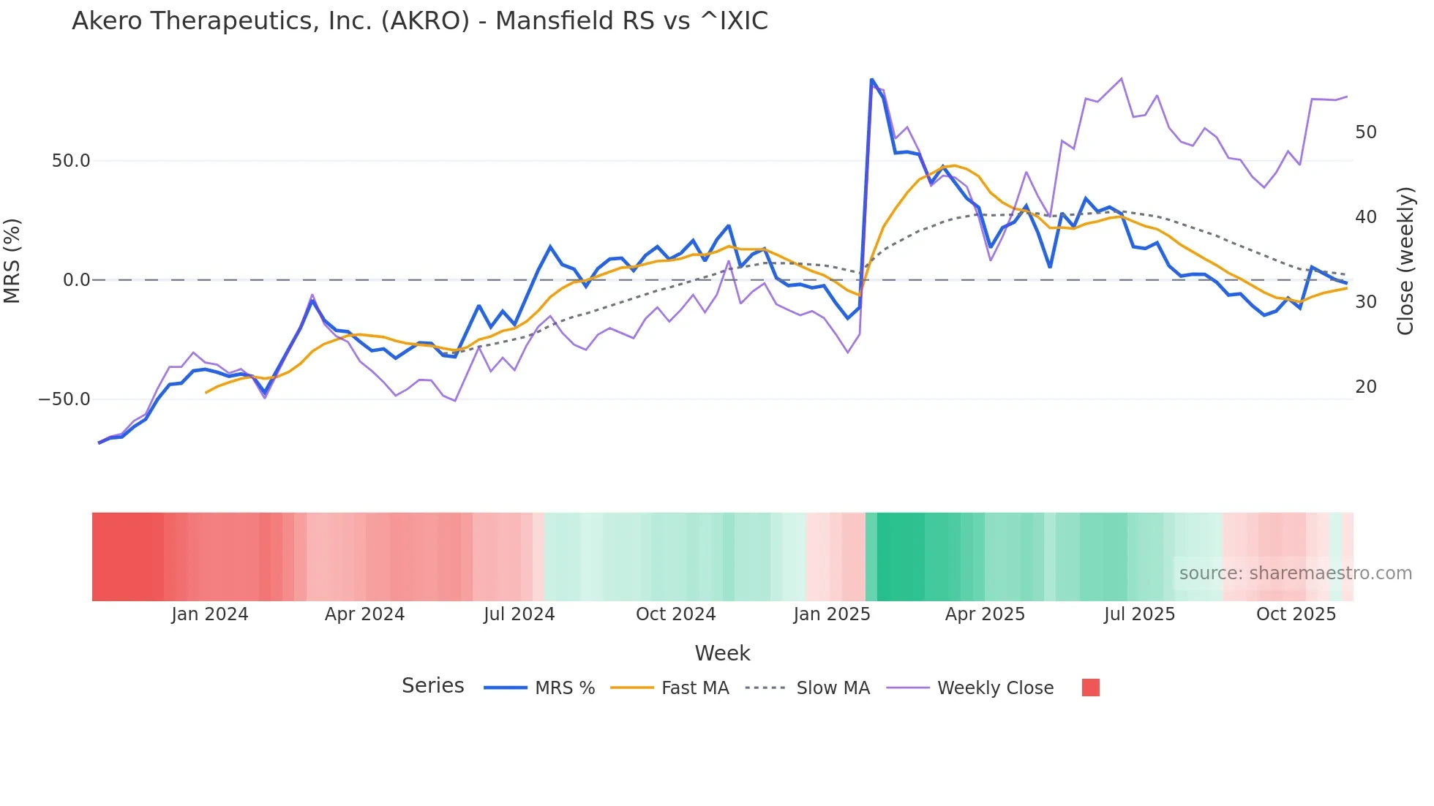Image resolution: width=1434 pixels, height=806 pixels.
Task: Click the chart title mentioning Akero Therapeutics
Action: tap(420, 21)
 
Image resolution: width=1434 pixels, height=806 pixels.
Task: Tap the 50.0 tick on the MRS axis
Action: tap(71, 161)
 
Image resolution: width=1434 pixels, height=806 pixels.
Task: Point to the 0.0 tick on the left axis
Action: tap(77, 280)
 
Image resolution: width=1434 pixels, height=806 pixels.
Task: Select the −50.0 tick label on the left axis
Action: tap(64, 399)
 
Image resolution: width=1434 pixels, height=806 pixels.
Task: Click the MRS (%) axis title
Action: tap(12, 260)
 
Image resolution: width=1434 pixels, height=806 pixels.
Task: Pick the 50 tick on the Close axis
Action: tap(1366, 132)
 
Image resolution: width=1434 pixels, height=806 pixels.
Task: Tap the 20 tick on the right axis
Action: tap(1366, 387)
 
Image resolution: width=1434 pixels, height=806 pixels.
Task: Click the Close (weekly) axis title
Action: tap(1405, 260)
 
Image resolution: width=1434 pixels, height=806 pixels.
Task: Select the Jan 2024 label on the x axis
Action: tap(210, 614)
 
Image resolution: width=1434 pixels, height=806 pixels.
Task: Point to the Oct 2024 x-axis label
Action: tap(675, 614)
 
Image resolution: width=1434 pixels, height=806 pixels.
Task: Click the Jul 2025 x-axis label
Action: tap(1139, 614)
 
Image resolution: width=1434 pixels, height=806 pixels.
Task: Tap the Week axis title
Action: tap(722, 653)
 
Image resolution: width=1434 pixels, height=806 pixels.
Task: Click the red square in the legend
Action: tap(1090, 688)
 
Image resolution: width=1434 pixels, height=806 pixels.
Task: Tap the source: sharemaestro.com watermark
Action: tap(1295, 573)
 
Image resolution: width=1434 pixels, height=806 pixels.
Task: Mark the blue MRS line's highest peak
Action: tap(871, 79)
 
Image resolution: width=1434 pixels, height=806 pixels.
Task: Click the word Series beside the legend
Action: tap(432, 686)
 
